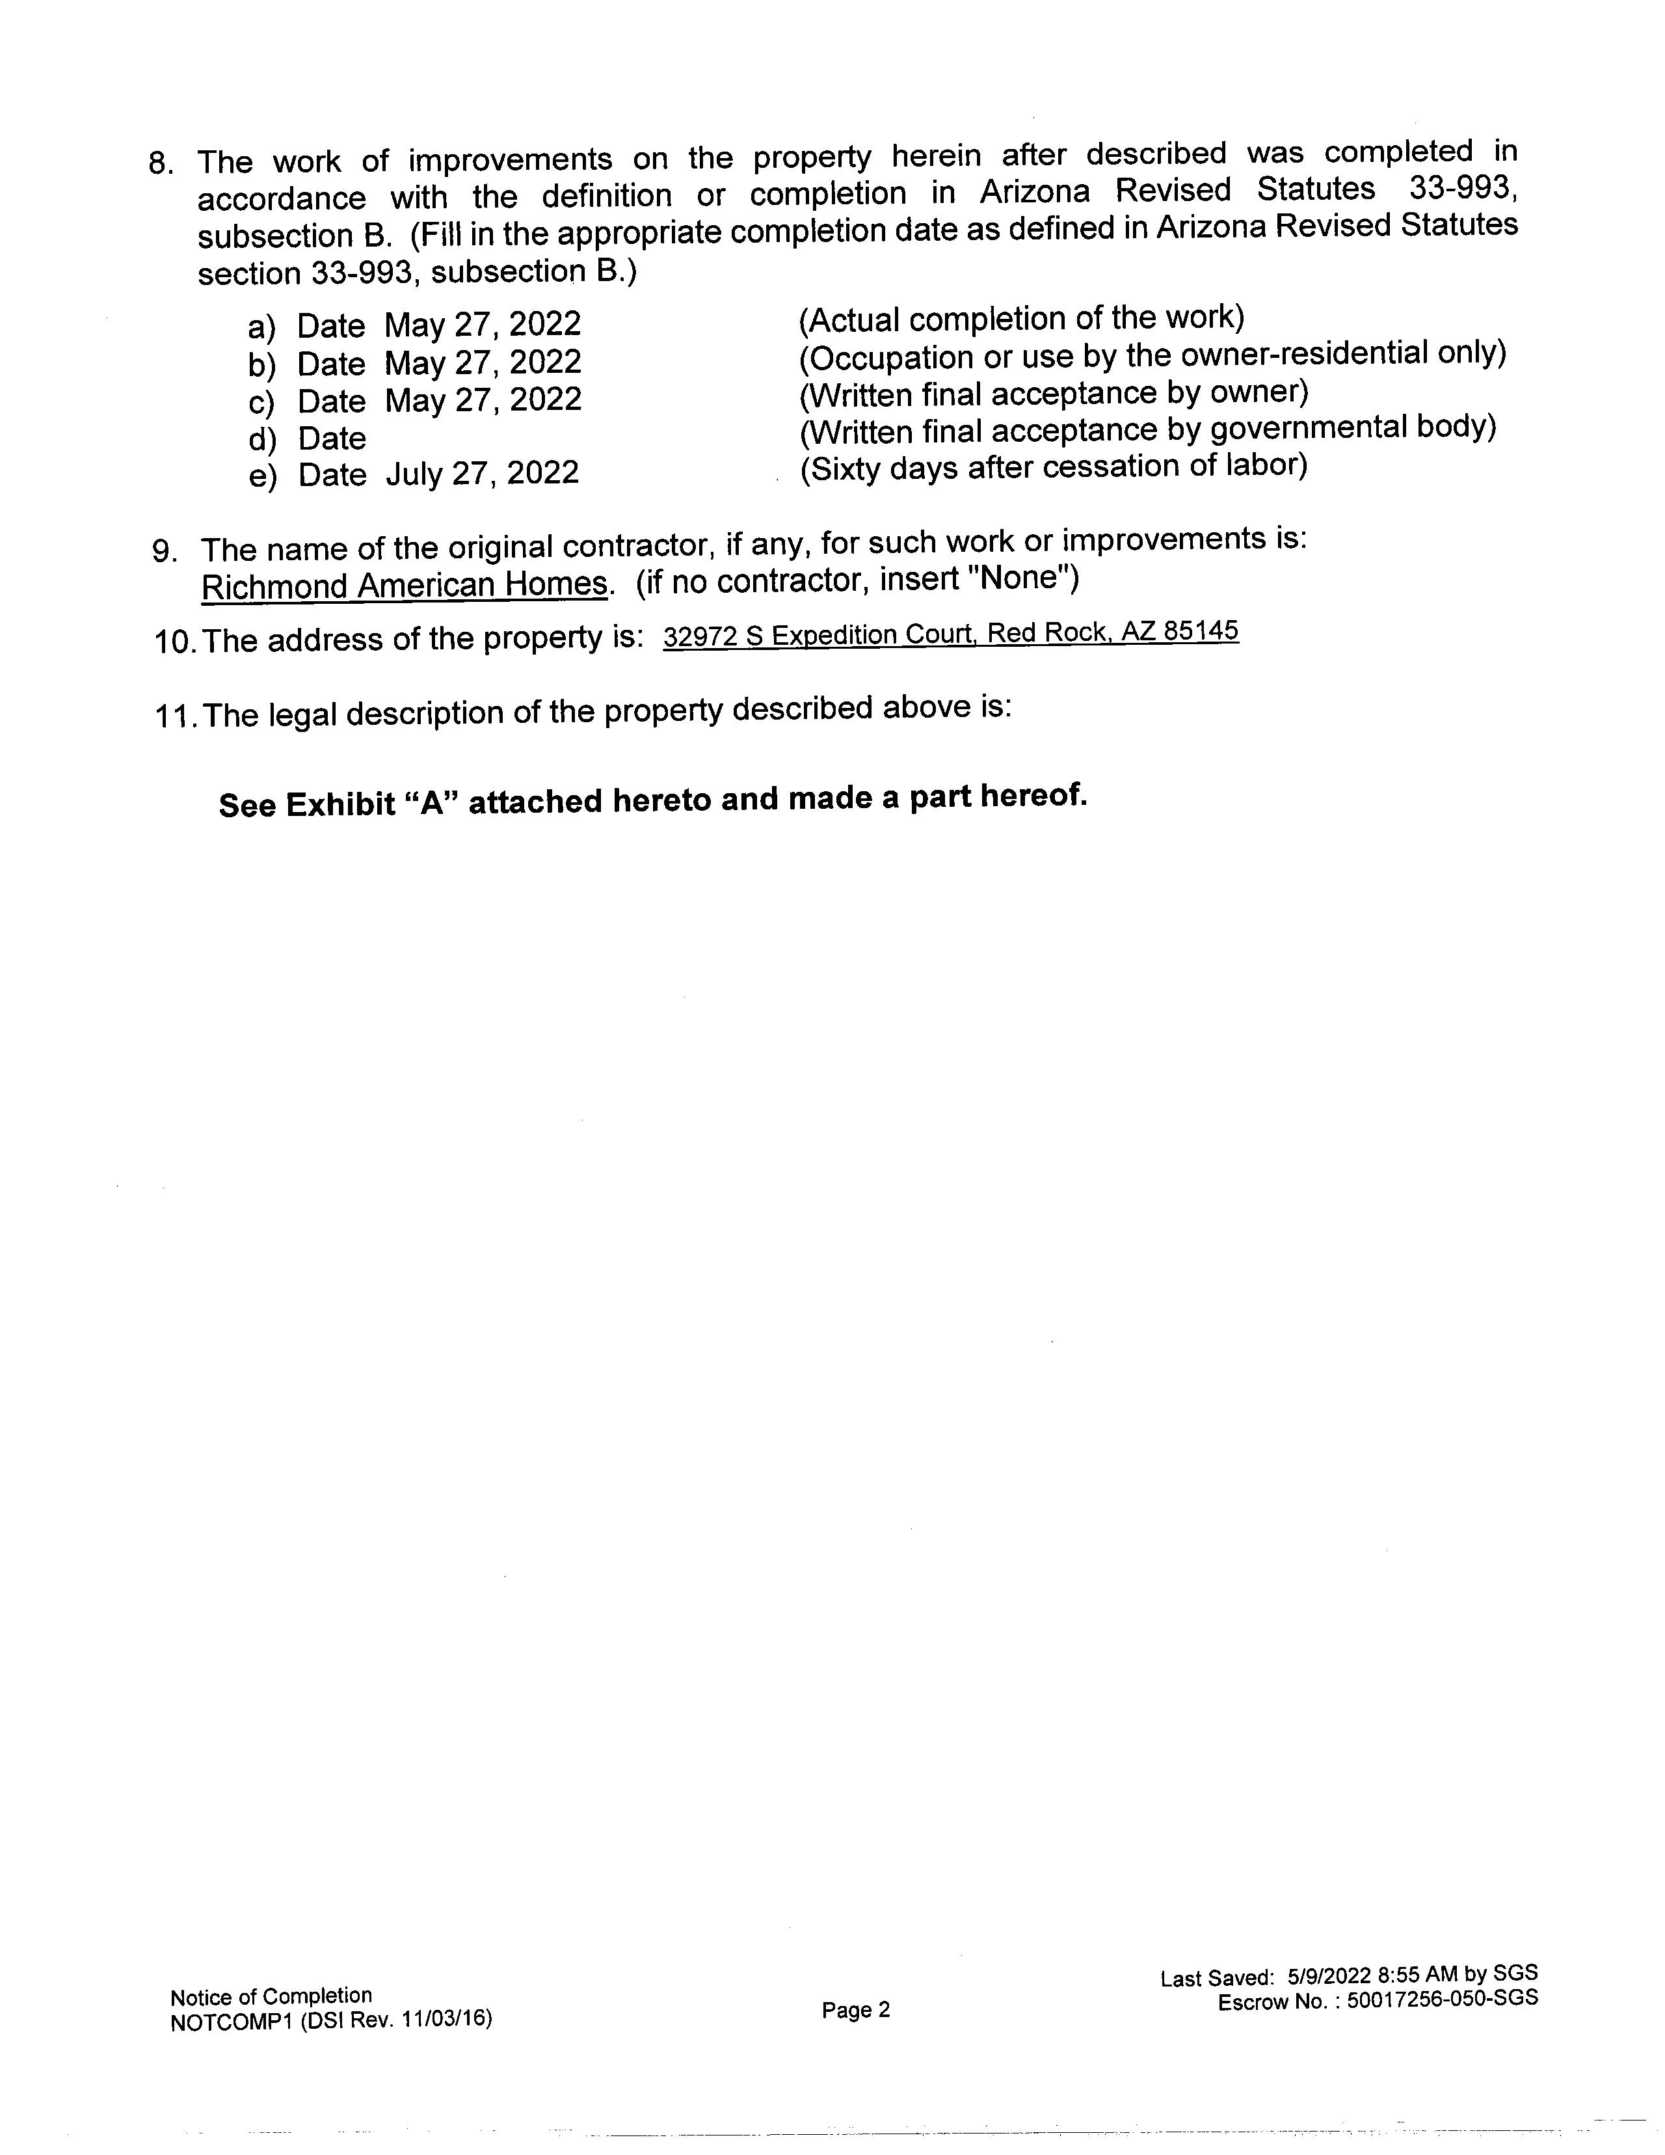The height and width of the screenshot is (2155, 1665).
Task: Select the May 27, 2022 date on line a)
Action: (483, 325)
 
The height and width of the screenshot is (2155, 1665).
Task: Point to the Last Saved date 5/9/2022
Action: (1329, 1975)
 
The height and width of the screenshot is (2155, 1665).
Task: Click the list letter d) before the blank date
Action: (261, 438)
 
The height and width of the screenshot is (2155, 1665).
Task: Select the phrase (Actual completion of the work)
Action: (1022, 319)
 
